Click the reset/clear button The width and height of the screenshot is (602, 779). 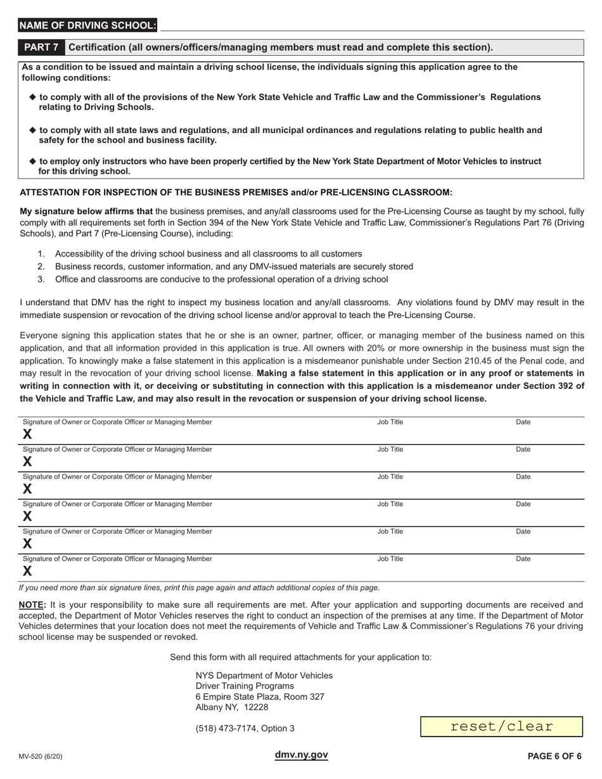click(x=501, y=726)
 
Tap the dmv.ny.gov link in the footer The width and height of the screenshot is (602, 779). click(x=301, y=754)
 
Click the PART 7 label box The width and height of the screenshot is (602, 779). click(x=41, y=47)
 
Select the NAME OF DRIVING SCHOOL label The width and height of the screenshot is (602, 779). click(x=87, y=25)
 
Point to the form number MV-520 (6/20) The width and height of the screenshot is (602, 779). click(x=41, y=756)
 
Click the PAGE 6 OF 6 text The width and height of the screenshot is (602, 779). click(x=554, y=756)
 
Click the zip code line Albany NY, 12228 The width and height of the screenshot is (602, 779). click(x=231, y=707)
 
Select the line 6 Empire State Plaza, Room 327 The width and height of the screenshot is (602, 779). click(x=260, y=697)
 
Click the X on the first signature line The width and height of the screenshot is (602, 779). click(x=27, y=434)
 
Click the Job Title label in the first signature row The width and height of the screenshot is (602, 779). click(x=390, y=422)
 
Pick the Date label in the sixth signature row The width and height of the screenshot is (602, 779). click(x=523, y=559)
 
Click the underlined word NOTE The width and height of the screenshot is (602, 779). click(x=32, y=605)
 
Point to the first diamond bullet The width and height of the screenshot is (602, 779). click(x=33, y=97)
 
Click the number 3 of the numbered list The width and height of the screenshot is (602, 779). click(x=41, y=279)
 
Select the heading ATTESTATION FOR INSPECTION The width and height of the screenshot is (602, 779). click(x=236, y=193)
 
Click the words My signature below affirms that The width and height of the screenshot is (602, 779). click(x=86, y=212)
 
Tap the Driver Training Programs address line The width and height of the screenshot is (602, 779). click(x=245, y=686)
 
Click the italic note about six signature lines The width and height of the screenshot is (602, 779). click(x=199, y=587)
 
